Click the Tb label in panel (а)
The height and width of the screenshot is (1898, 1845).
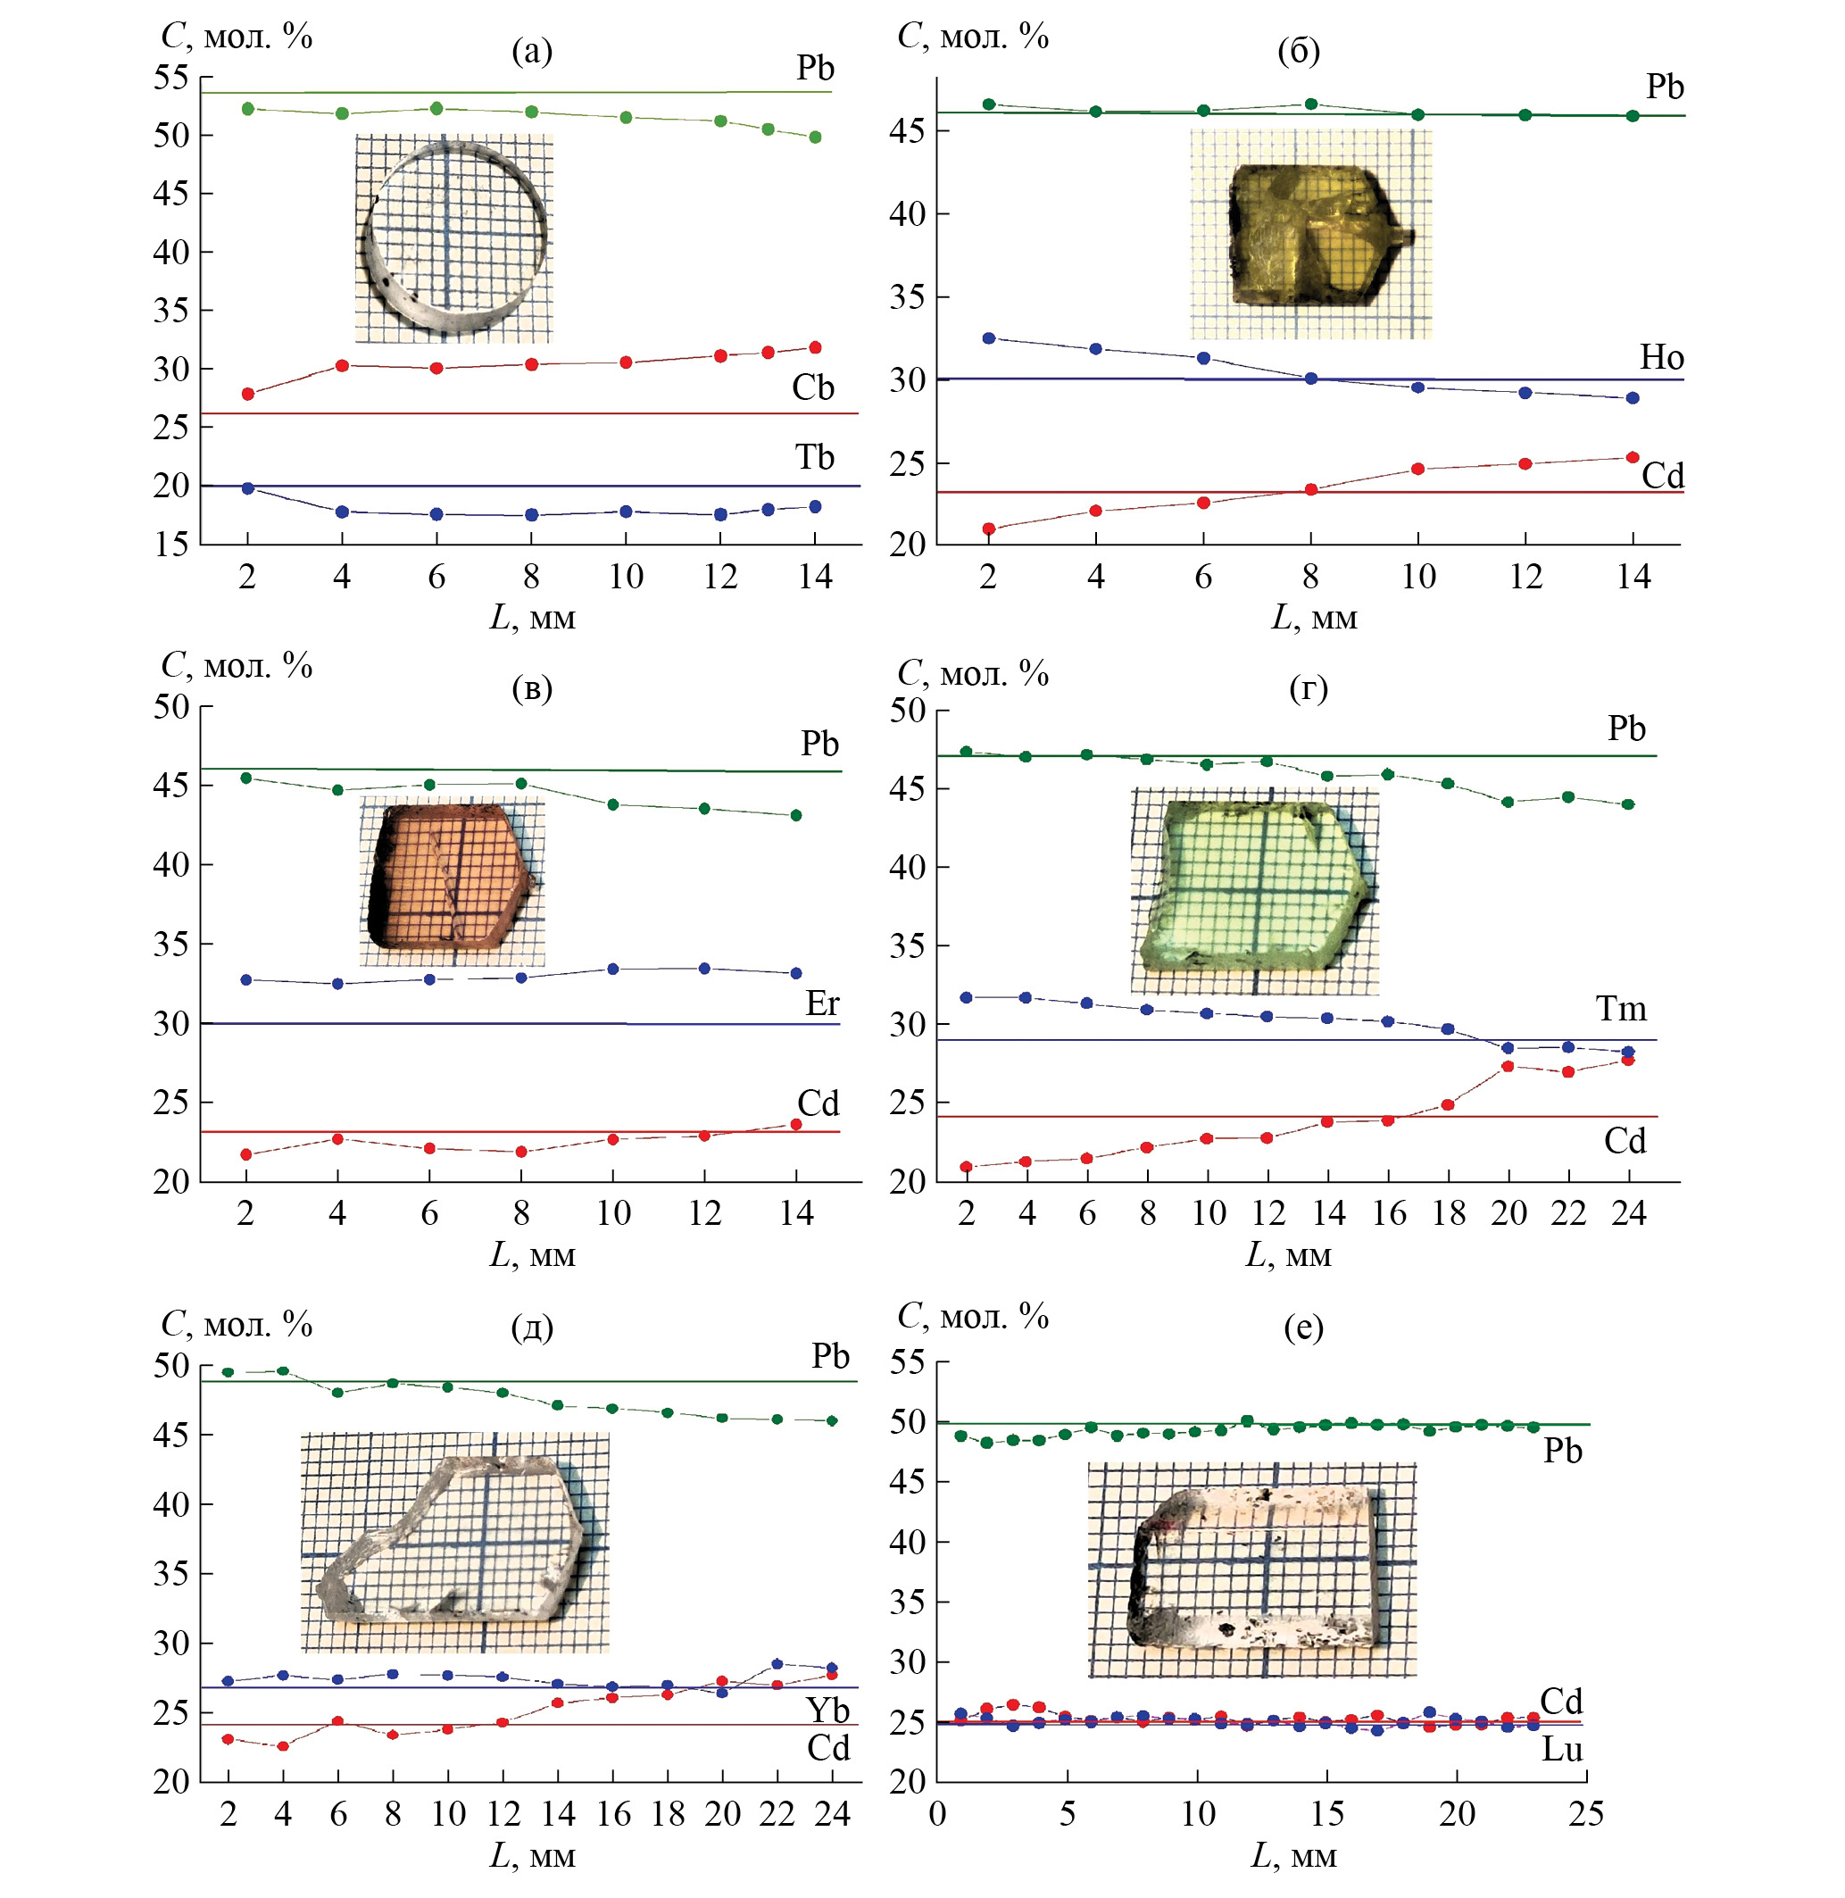[x=814, y=456]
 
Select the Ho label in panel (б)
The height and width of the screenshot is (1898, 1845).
[x=1661, y=358]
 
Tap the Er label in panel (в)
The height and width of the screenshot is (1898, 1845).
[x=822, y=1003]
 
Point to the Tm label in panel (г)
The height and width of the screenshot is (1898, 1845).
[x=1621, y=1009]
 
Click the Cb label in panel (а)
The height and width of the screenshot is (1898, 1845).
[x=812, y=387]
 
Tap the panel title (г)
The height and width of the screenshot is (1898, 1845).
[x=1309, y=687]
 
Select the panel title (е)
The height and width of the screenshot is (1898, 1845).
[x=1303, y=1326]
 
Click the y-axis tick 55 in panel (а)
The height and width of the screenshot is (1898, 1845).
[x=170, y=78]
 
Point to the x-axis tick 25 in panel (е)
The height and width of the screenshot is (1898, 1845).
[x=1586, y=1814]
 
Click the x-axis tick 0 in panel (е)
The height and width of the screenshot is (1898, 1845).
[x=937, y=1814]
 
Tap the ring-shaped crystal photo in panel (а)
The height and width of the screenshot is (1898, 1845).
[x=453, y=238]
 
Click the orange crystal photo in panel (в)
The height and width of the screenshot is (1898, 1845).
[x=452, y=883]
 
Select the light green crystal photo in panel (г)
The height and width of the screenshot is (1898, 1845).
[x=1254, y=890]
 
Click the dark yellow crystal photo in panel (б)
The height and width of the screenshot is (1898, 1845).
[x=1310, y=235]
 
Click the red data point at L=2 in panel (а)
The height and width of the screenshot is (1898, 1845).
[x=248, y=394]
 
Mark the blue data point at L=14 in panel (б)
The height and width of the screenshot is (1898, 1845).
[x=1633, y=397]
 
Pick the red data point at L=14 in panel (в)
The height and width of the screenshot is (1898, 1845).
[x=796, y=1123]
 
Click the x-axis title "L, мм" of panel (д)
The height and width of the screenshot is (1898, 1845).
[x=532, y=1855]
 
